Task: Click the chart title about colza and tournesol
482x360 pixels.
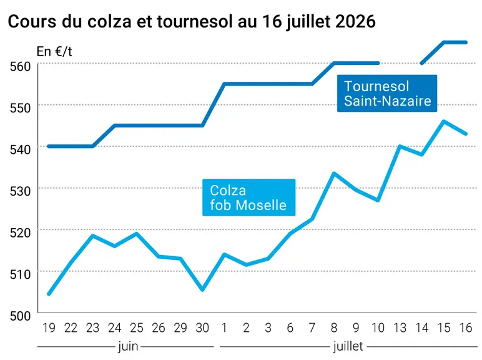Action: [x=192, y=21]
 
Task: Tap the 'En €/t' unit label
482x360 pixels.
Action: [x=54, y=51]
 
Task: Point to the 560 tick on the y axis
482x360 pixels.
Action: [x=20, y=66]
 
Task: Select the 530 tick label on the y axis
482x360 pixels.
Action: [x=20, y=191]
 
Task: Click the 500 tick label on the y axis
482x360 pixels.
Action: [x=20, y=316]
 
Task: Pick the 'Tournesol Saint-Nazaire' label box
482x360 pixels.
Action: [x=387, y=93]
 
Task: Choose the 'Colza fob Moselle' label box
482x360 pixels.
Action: [x=248, y=197]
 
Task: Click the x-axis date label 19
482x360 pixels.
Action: [x=49, y=328]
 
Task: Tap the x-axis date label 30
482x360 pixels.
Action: [x=202, y=328]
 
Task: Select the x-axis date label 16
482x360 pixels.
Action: [x=465, y=328]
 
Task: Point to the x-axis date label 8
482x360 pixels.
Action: [x=334, y=328]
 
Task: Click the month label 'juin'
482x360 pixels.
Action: [x=128, y=346]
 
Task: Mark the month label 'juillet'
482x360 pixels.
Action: [x=348, y=346]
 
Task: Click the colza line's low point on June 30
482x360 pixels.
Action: [x=202, y=289]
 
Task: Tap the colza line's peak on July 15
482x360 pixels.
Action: [x=443, y=121]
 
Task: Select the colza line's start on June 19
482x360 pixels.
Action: [x=49, y=294]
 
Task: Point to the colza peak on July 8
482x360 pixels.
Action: [x=334, y=174]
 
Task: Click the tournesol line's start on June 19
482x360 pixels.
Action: [x=49, y=146]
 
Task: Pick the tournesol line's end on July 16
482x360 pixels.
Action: [x=466, y=42]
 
